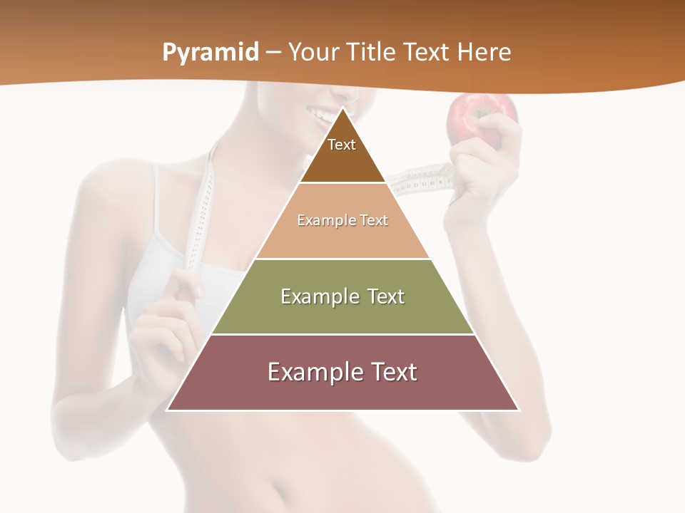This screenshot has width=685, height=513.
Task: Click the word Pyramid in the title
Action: pyautogui.click(x=210, y=52)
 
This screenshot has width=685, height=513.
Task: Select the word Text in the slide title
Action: pyautogui.click(x=427, y=52)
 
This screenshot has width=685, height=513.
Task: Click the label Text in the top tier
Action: pyautogui.click(x=342, y=145)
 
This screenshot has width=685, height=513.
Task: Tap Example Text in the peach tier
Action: pyautogui.click(x=342, y=220)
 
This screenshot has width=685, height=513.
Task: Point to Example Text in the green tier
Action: pyautogui.click(x=342, y=296)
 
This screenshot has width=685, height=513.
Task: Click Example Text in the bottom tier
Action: pyautogui.click(x=342, y=372)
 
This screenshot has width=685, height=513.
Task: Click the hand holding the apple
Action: pyautogui.click(x=492, y=153)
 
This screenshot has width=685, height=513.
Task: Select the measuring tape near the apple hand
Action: pyautogui.click(x=425, y=178)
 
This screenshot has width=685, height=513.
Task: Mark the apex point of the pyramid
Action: pyautogui.click(x=343, y=108)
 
